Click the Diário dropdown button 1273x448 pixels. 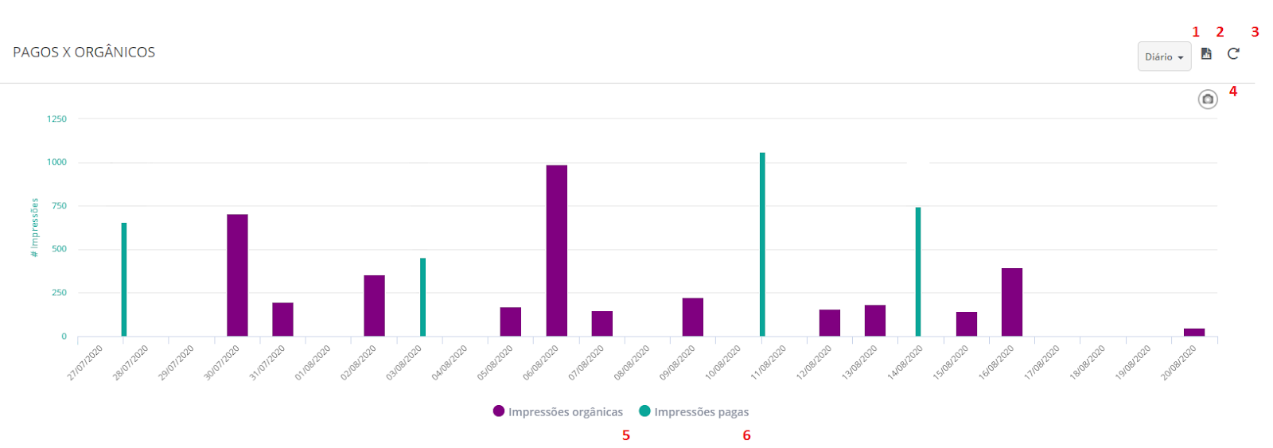tap(1164, 56)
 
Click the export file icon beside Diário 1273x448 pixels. tap(1206, 54)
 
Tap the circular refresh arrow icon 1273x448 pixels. tap(1233, 54)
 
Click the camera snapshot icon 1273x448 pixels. tap(1208, 99)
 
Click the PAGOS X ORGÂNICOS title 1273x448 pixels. tap(84, 53)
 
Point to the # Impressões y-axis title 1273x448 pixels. tap(34, 228)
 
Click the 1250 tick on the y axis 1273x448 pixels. tap(56, 119)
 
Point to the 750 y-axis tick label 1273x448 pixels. tap(59, 206)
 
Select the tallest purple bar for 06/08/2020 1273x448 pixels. tap(556, 251)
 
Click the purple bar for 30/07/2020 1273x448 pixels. tap(237, 275)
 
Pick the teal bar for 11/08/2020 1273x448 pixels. tap(762, 244)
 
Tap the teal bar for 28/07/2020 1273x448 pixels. tap(124, 279)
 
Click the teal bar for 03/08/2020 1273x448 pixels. tap(422, 297)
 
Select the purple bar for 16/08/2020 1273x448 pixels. tap(1011, 302)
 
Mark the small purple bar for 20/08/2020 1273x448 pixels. tap(1193, 332)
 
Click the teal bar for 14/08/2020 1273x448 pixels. tap(917, 271)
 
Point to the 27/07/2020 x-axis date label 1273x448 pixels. tap(86, 362)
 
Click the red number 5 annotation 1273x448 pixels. tap(626, 435)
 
